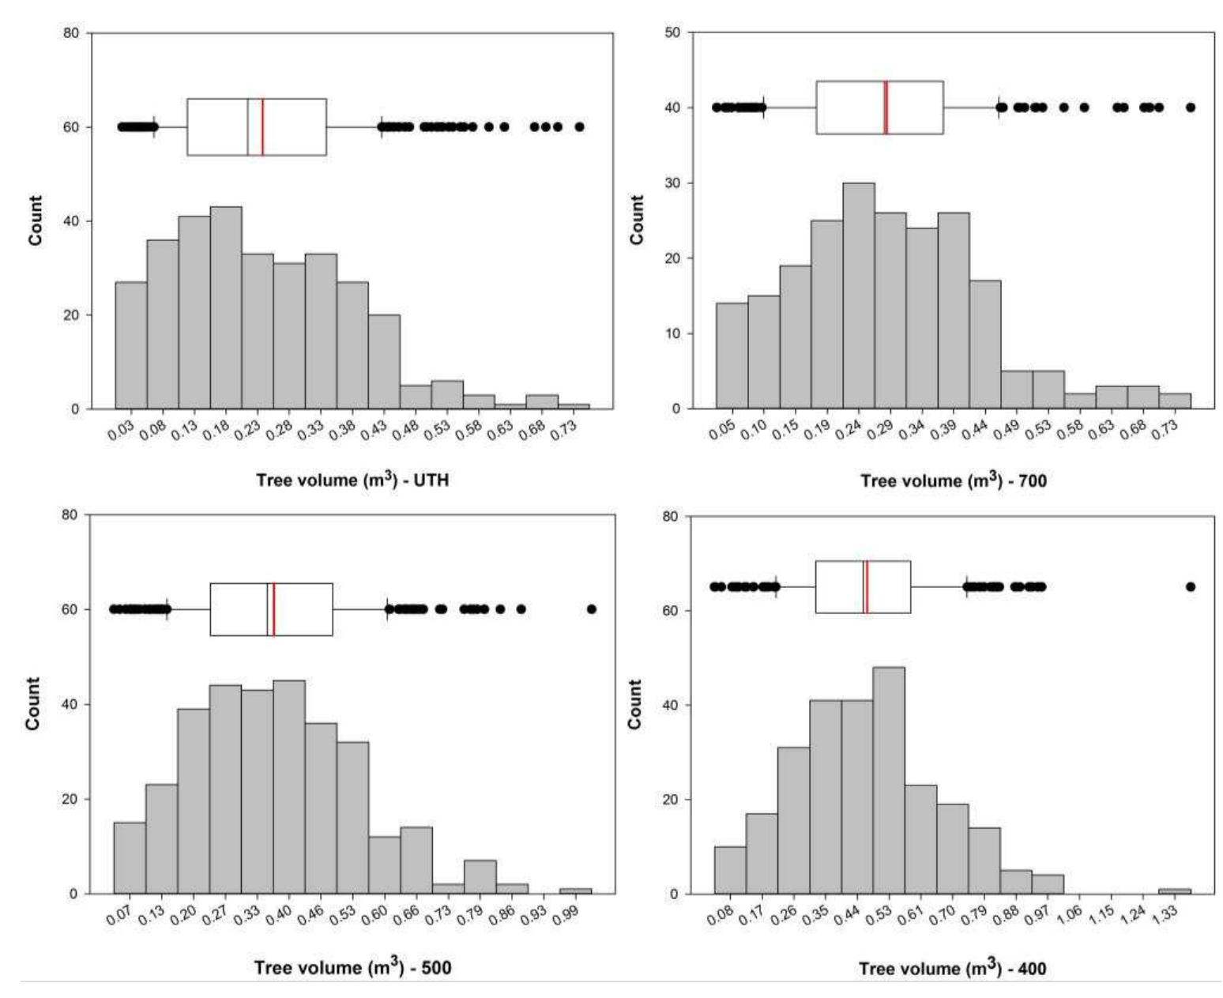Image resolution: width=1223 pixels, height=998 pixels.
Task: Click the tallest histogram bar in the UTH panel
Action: coord(226,308)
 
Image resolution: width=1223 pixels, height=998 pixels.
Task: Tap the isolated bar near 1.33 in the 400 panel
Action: coord(1174,891)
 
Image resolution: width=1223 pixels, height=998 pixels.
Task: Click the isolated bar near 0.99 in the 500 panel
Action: coord(575,891)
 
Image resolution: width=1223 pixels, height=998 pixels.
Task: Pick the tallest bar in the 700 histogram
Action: coord(859,296)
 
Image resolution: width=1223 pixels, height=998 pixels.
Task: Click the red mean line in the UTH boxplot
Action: coord(262,127)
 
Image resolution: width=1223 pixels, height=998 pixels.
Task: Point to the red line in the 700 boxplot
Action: coord(886,107)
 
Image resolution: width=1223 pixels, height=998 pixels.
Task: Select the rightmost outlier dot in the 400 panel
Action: coord(1190,587)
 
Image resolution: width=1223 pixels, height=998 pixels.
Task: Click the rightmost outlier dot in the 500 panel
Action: coord(592,609)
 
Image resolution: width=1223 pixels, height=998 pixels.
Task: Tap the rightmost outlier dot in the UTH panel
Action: coord(579,126)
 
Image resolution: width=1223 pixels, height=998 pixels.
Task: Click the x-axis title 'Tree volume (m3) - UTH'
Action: coord(352,480)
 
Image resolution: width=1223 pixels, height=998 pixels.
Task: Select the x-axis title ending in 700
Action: coord(953,480)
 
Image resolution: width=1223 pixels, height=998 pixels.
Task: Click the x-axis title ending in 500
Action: coord(352,967)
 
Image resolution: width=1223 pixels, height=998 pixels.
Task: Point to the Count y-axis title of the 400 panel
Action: coord(636,704)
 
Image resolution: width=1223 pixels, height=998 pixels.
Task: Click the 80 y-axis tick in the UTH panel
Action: coord(73,33)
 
